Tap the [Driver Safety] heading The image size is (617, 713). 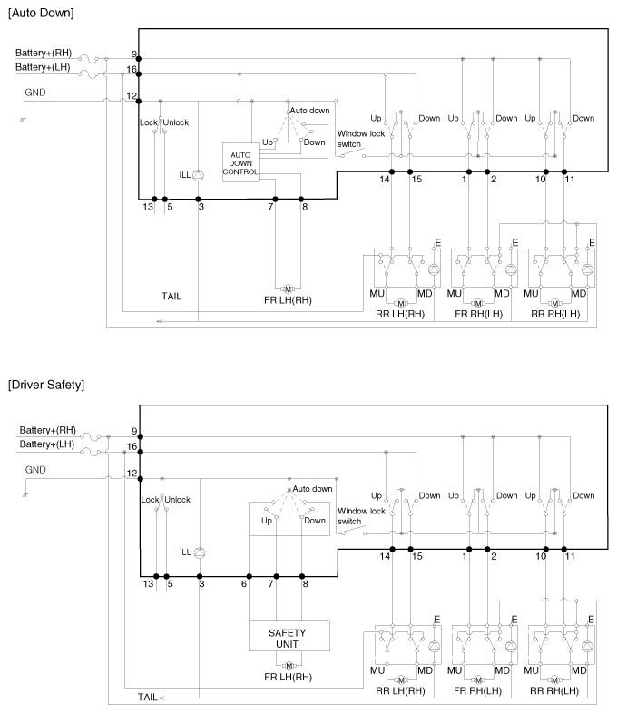45,386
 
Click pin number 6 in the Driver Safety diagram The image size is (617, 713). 245,584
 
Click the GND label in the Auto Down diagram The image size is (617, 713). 35,93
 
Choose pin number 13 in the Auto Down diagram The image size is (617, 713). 148,207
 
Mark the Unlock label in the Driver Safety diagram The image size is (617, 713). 178,500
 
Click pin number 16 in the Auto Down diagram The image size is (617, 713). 132,69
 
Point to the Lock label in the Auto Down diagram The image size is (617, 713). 149,122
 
